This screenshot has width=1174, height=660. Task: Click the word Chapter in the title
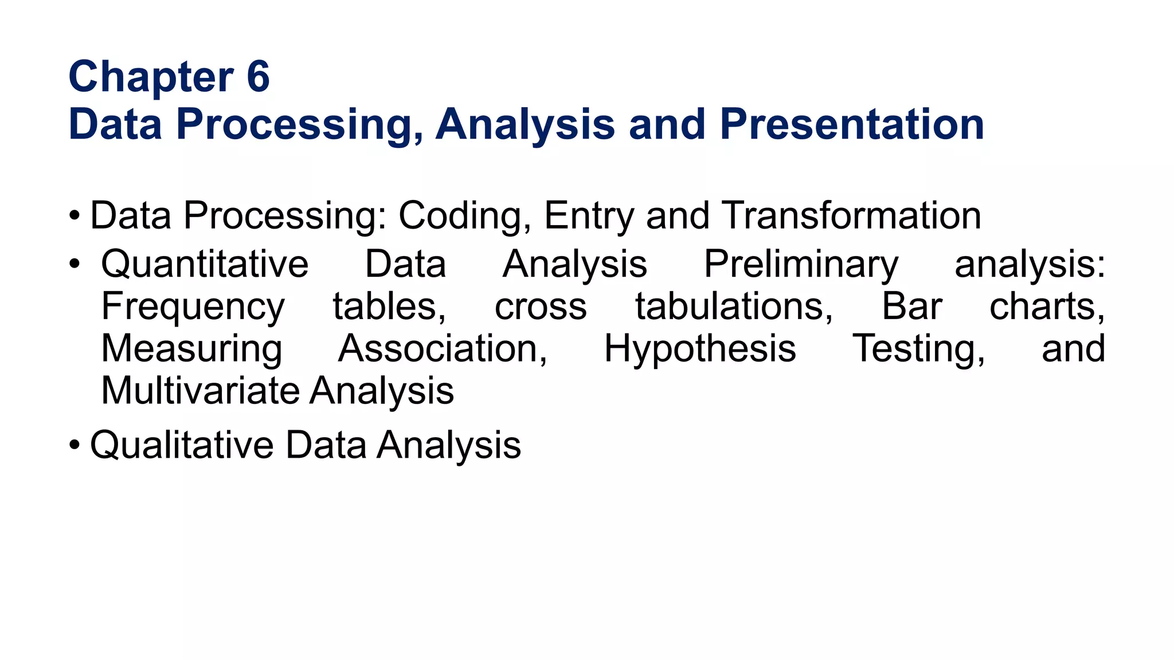click(151, 77)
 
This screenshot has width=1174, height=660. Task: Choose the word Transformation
click(851, 215)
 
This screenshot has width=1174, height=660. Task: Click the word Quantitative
click(205, 264)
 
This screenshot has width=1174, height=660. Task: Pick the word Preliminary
click(801, 265)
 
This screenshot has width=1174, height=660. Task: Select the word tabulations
click(734, 307)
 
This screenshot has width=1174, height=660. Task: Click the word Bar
click(911, 307)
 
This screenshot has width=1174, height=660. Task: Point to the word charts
click(1047, 307)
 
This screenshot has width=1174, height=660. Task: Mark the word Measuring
click(191, 349)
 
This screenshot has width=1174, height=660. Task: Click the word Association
click(443, 349)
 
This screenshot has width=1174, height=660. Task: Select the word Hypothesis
click(700, 349)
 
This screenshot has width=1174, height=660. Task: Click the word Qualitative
click(182, 445)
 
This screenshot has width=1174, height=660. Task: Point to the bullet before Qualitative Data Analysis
click(74, 445)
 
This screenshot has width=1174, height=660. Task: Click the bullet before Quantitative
click(74, 265)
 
